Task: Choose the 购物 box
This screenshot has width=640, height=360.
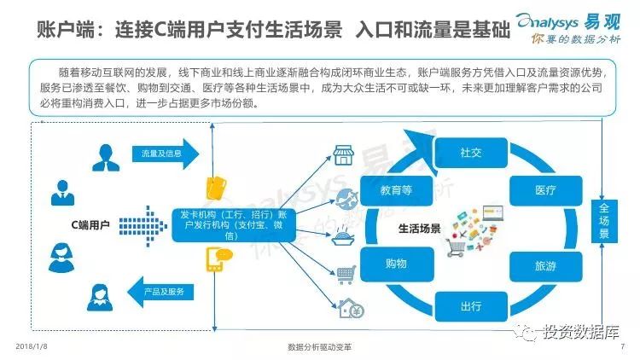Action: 395,265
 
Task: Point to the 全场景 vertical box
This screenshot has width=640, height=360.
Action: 604,220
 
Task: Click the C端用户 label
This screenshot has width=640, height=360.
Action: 90,225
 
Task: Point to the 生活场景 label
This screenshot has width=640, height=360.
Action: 419,229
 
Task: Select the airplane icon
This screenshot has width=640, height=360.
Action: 346,199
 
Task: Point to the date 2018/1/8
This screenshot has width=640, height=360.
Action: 31,347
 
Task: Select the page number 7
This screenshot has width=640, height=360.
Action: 623,347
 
